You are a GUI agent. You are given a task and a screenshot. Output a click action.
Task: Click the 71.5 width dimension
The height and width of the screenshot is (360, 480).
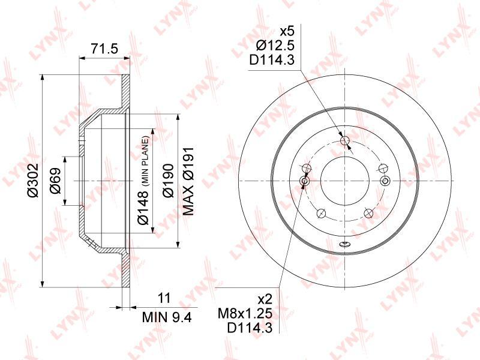coord(104,49)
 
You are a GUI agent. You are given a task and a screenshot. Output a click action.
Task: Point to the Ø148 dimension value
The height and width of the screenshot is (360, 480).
coord(143,207)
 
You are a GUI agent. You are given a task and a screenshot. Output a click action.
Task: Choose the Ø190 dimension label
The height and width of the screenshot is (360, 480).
coord(168,181)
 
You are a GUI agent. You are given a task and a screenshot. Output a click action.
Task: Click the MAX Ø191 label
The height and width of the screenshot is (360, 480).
coord(188,181)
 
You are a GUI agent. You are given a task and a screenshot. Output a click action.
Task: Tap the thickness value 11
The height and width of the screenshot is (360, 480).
coord(164,298)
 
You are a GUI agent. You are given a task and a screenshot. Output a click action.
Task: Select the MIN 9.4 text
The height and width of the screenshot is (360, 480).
coord(167,317)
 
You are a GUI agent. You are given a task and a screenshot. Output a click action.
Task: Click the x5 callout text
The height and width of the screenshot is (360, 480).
coord(287,31)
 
